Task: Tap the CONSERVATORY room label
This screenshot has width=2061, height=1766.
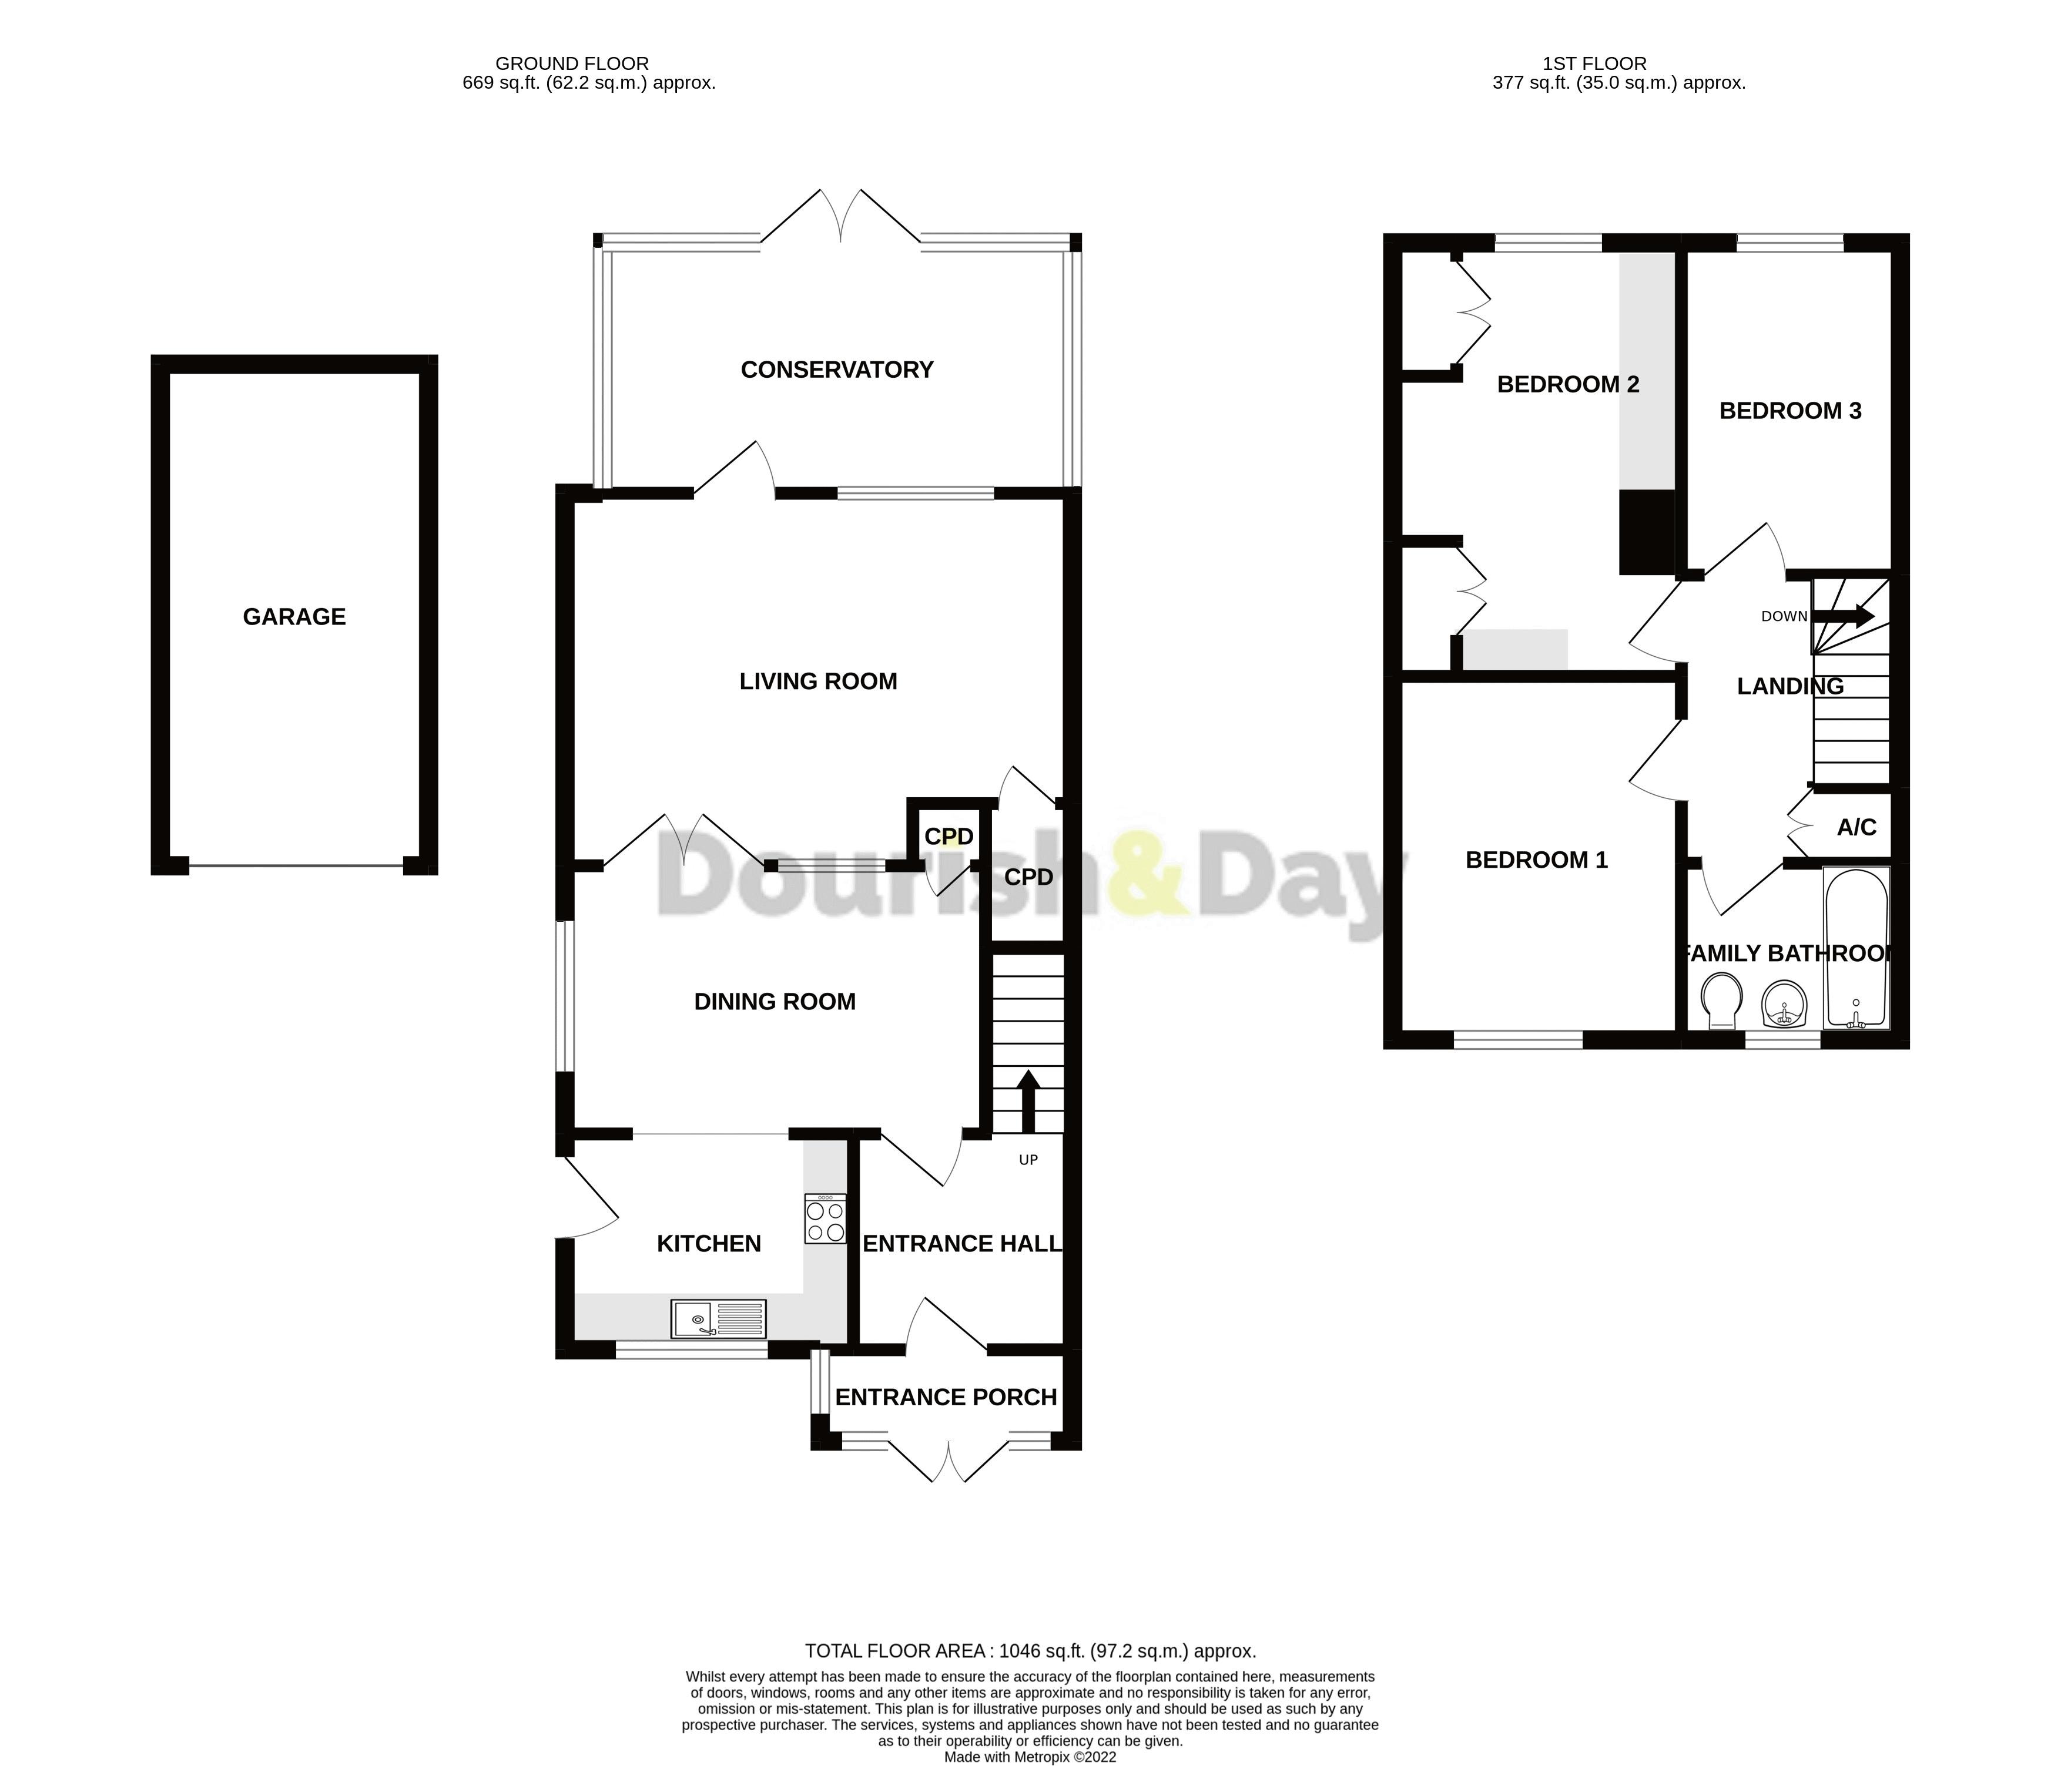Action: (x=836, y=370)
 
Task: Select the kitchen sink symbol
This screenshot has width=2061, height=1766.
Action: (x=718, y=1318)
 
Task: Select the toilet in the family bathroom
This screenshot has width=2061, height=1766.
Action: (x=1721, y=1001)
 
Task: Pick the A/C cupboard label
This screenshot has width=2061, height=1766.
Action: (x=1856, y=827)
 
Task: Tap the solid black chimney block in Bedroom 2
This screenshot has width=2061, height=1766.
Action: (x=1646, y=532)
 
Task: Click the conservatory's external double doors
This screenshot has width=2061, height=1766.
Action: (x=840, y=217)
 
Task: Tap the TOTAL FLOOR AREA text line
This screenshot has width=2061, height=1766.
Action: (x=1030, y=1651)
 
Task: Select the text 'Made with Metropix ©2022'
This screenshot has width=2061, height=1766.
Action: (x=1030, y=1757)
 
